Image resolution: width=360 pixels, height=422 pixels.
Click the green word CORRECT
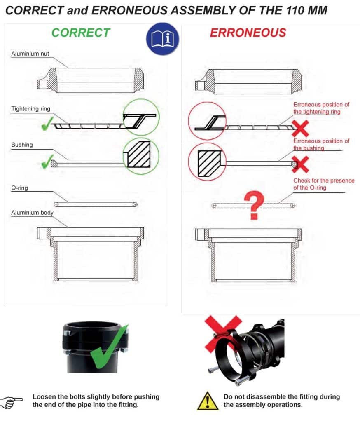(81, 33)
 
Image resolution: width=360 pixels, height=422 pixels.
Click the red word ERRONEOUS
(248, 33)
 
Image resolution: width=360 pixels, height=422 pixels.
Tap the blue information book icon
(163, 39)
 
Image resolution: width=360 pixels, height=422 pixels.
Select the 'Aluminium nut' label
(30, 54)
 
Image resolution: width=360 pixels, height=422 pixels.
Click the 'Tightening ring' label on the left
(30, 109)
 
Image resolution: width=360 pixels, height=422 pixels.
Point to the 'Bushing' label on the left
(22, 145)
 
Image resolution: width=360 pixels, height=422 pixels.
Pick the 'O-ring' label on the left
(19, 188)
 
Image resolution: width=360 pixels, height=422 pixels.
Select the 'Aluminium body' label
(32, 213)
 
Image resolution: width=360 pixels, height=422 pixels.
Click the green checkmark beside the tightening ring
(47, 124)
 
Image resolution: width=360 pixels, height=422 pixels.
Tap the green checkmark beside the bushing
(47, 162)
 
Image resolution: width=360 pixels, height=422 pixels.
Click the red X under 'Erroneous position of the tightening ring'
(300, 129)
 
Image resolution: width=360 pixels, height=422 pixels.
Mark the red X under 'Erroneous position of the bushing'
(300, 164)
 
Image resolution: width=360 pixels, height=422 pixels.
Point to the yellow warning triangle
(208, 401)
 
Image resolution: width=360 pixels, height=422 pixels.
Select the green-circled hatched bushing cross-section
(139, 155)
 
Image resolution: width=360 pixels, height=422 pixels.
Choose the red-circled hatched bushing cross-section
(209, 163)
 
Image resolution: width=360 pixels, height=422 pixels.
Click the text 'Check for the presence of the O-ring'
(324, 184)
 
